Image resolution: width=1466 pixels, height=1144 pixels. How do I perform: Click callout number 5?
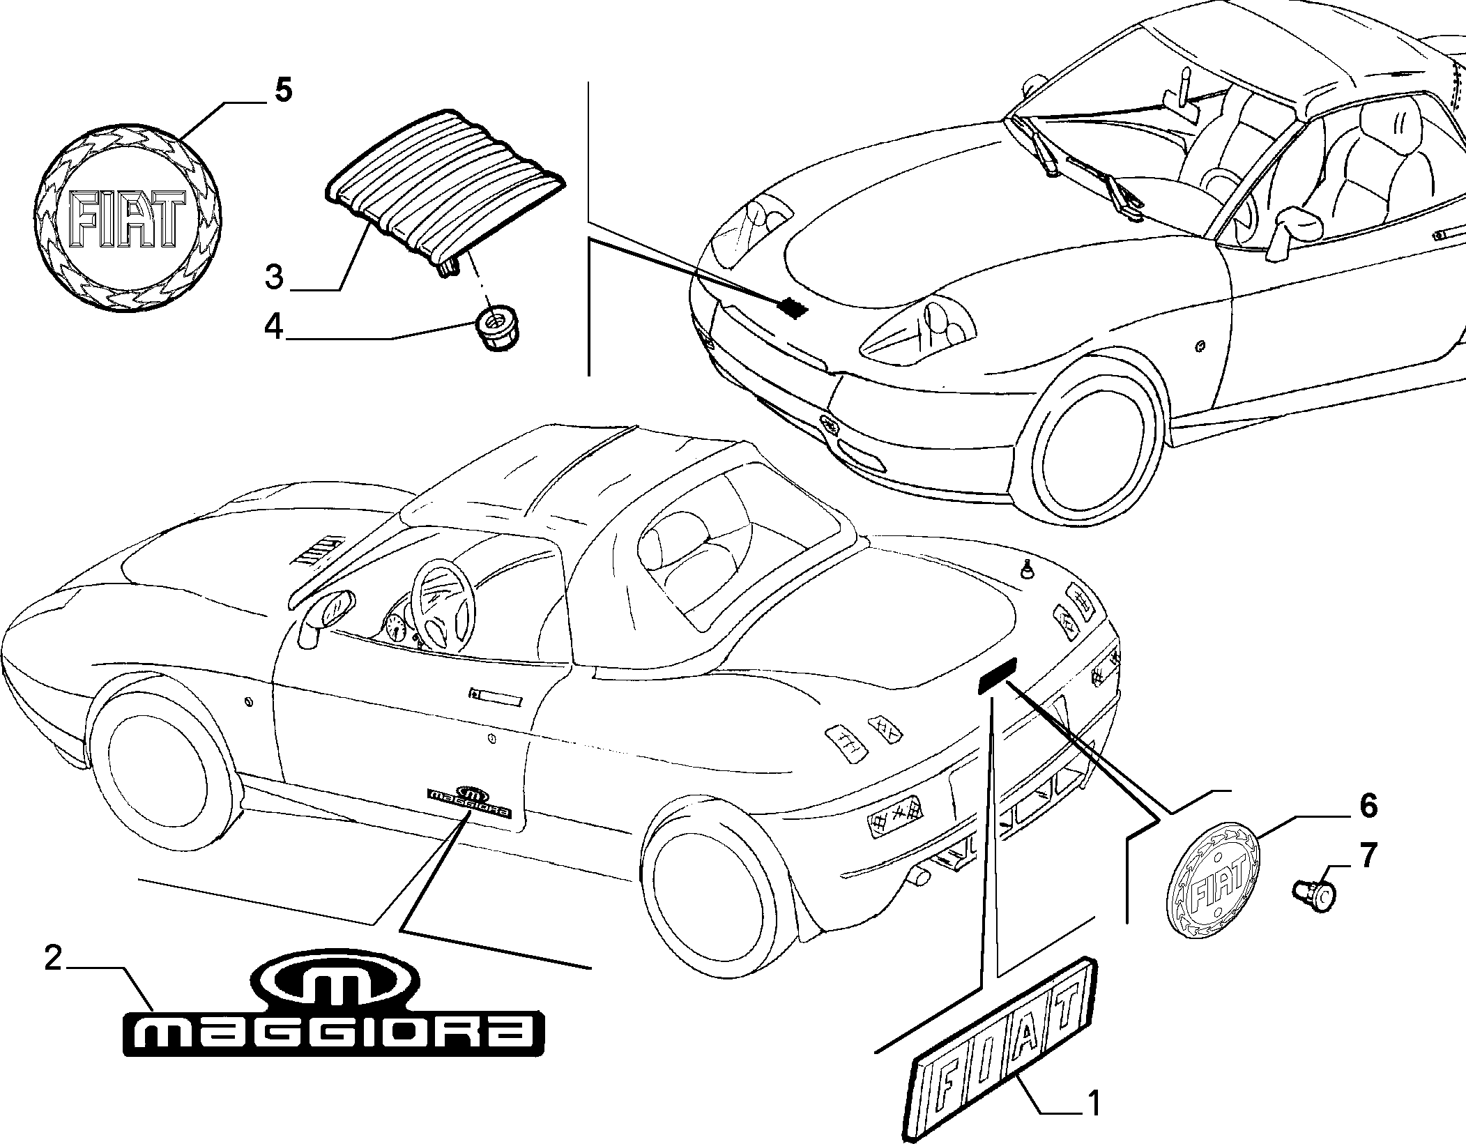282,91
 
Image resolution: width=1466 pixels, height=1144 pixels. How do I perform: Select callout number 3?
274,277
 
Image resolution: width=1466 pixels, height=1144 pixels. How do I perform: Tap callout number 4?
273,327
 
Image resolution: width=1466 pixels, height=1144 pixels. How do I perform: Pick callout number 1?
1094,1103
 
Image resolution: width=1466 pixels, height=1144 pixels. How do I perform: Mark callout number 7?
1368,855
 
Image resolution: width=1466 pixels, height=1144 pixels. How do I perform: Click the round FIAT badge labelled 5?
128,220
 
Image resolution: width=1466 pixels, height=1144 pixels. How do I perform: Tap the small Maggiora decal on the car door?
468,802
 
